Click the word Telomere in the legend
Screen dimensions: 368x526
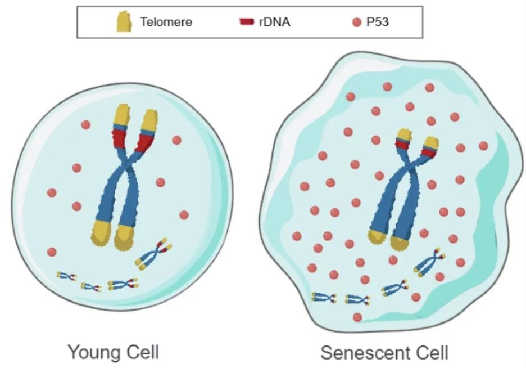point(166,23)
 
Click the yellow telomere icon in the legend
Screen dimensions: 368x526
point(124,22)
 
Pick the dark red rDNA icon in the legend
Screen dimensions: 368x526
point(246,23)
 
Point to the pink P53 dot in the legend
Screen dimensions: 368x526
point(356,23)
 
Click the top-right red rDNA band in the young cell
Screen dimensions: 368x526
point(145,142)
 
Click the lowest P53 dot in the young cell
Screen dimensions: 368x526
point(52,252)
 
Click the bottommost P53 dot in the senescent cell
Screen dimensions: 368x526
point(357,317)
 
